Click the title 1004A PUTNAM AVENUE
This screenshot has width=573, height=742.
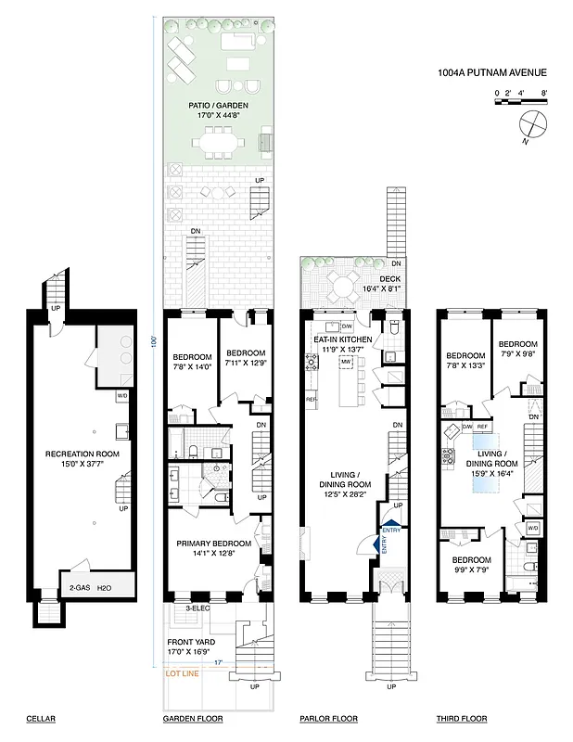[492, 71]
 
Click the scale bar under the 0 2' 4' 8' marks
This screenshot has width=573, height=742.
[522, 102]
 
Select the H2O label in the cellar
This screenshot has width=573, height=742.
[115, 587]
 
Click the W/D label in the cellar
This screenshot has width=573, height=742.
[121, 396]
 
